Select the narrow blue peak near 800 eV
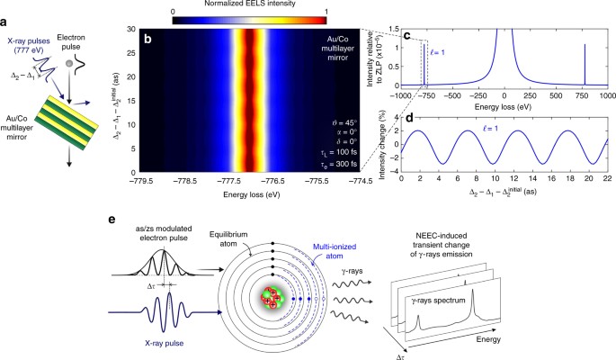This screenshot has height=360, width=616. coord(586,72)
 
